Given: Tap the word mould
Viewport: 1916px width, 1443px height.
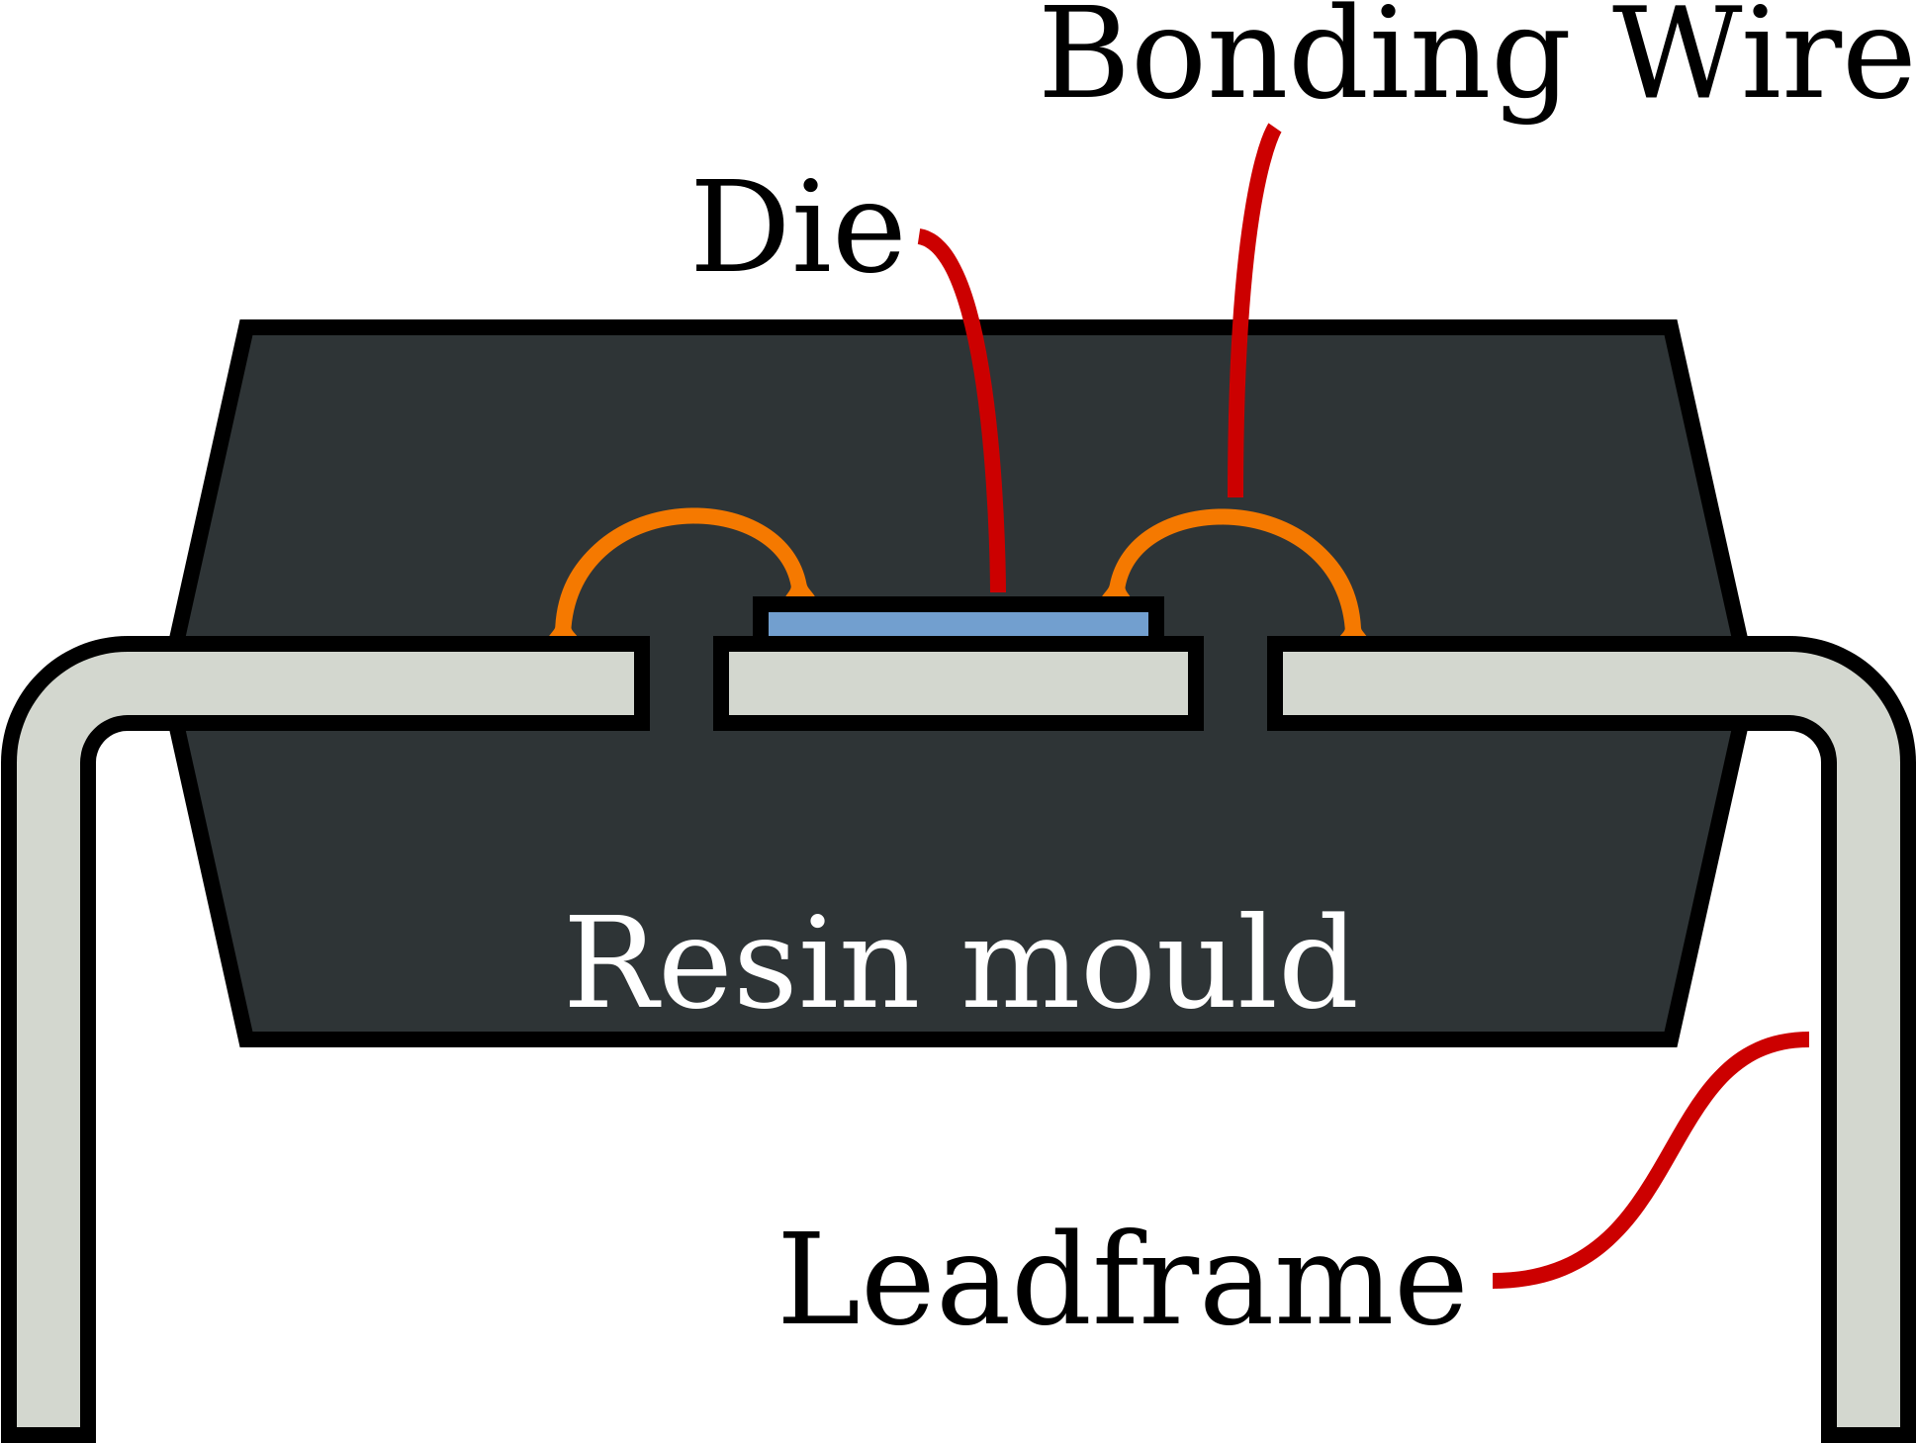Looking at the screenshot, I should coord(1157,963).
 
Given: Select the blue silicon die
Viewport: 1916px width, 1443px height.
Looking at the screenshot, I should coord(958,624).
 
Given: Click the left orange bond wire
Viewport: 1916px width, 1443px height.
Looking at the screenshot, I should coord(692,517).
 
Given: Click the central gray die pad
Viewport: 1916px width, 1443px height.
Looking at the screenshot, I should coord(958,683).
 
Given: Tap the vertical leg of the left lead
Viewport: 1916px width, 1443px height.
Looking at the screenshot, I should coord(48,1088).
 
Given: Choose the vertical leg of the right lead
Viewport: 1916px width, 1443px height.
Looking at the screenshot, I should coord(1868,1088).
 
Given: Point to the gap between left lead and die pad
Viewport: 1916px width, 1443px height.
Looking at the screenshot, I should coord(682,683).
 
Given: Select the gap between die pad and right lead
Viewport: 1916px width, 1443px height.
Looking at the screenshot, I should coord(1235,683).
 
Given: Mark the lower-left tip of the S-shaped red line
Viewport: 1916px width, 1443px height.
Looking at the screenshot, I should coord(1500,1281).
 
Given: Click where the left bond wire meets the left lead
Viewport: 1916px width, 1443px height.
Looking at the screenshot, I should coord(564,630).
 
